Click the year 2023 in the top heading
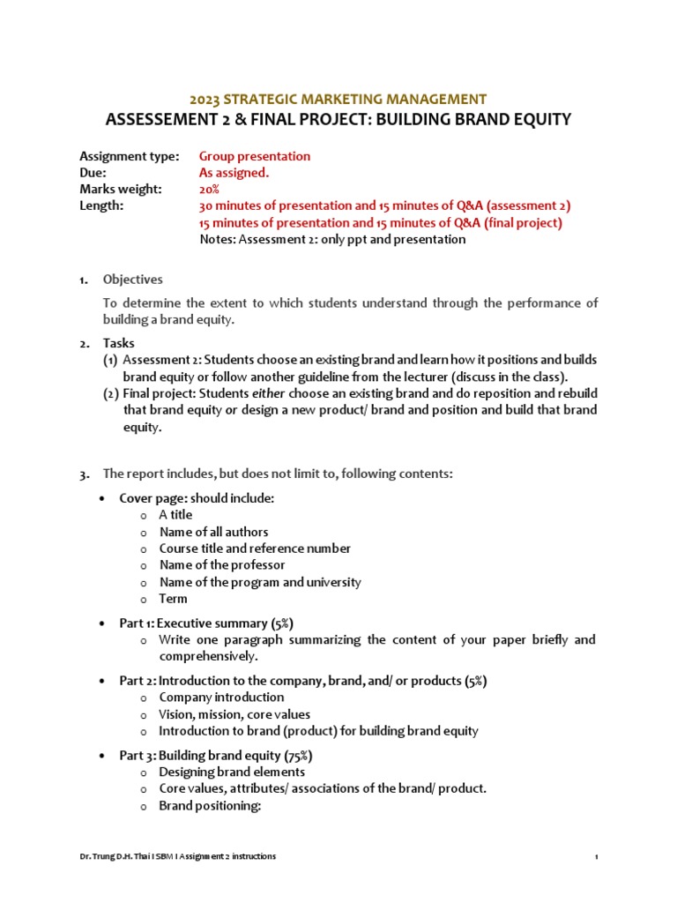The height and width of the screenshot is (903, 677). coord(207,99)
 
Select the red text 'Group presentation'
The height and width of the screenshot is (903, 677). coord(255,156)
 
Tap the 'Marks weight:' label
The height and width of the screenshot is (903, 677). coord(120,190)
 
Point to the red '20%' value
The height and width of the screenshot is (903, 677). coord(209,190)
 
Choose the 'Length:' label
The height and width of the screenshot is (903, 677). coord(101,205)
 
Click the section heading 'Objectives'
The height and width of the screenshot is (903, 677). coord(133,280)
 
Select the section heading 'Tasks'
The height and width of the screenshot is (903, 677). coord(119,343)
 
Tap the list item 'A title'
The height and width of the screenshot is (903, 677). coord(175,515)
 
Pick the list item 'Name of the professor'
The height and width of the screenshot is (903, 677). coord(222,564)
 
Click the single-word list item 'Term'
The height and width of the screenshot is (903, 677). coord(173,598)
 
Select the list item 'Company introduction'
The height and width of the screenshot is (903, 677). coord(221,698)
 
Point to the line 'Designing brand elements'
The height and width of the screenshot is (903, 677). coord(233,772)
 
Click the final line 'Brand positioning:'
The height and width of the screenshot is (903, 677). coord(210,806)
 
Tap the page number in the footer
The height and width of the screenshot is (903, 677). coord(597,856)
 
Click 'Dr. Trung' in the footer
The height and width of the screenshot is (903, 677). coord(93,856)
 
